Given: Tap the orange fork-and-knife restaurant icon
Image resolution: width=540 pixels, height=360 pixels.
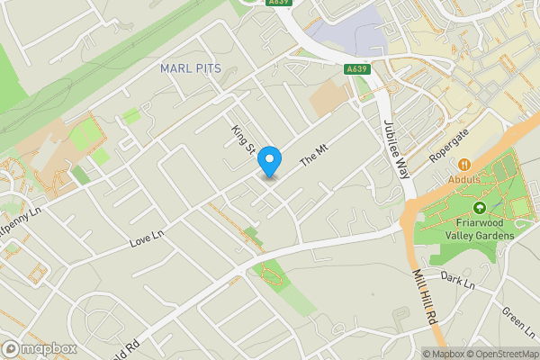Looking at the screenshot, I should pos(465,165).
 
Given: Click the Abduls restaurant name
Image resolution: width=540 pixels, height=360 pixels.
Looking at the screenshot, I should pos(465,178).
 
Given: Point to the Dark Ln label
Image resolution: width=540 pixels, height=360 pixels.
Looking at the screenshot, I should pos(457,282).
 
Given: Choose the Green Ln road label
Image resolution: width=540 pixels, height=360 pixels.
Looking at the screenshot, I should pos(517,318).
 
